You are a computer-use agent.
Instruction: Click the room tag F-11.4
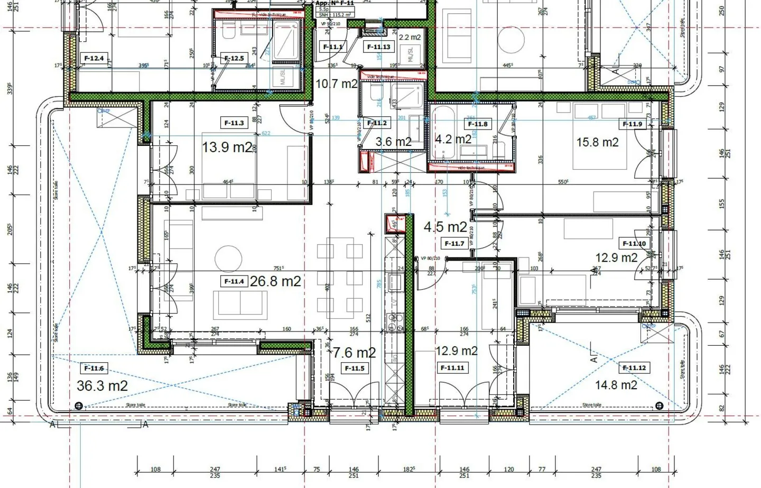(234, 281)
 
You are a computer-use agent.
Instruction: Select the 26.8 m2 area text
(275, 281)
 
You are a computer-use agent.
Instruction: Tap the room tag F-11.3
(234, 123)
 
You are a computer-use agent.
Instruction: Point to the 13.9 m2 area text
(227, 147)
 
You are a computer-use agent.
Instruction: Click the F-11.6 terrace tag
(94, 368)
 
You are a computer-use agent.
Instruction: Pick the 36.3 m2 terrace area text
(102, 386)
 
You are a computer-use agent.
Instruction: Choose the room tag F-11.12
(634, 367)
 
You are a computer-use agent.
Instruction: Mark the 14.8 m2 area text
(616, 385)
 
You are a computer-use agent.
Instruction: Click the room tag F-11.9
(632, 124)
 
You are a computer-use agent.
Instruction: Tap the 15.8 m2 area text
(597, 142)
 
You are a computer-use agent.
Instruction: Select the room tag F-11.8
(478, 124)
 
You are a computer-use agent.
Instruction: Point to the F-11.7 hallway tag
(454, 243)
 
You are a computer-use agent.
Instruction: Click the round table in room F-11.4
(228, 259)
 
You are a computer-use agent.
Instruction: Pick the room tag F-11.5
(354, 368)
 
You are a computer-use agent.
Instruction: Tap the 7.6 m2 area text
(354, 352)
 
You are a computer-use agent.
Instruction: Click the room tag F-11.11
(452, 367)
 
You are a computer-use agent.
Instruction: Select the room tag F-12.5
(234, 58)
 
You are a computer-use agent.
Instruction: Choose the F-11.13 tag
(379, 47)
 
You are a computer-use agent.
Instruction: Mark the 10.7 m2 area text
(337, 84)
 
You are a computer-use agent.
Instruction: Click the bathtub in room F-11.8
(443, 132)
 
